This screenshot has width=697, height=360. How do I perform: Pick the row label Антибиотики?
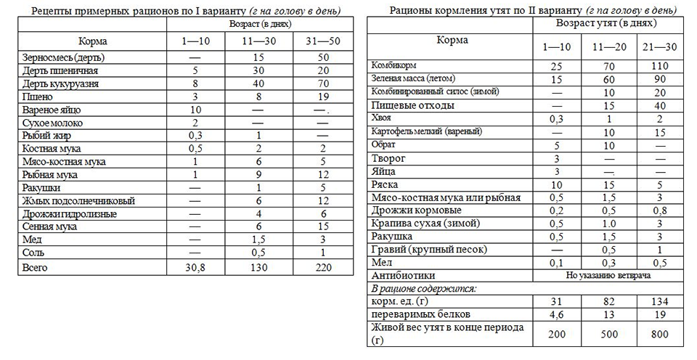[x=404, y=275]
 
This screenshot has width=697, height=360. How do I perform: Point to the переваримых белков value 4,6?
[x=555, y=314]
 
